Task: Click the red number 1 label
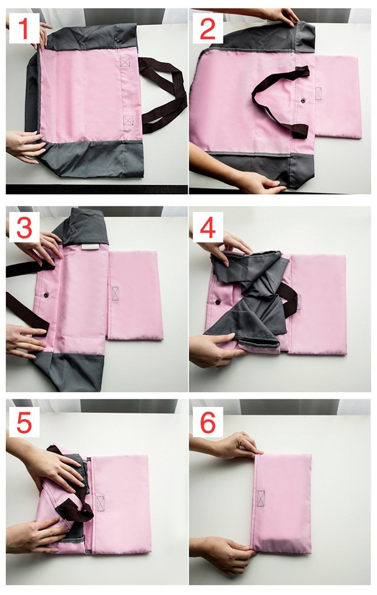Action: (x=25, y=29)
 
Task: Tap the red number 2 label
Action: (x=208, y=29)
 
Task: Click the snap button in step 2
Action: (x=303, y=100)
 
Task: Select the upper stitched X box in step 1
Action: (x=124, y=62)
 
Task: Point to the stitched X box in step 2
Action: (x=318, y=94)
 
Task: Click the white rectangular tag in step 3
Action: (x=90, y=247)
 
